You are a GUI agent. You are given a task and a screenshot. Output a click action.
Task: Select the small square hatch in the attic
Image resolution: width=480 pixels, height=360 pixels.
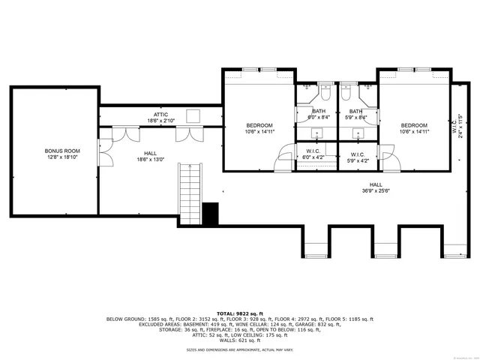(193, 115)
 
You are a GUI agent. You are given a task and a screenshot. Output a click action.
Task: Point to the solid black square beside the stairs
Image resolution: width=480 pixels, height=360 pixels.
(210, 212)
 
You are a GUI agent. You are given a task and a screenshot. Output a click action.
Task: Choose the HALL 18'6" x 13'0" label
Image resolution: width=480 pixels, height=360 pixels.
(150, 156)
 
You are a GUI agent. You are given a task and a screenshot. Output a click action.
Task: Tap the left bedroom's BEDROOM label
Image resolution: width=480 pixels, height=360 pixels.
(259, 128)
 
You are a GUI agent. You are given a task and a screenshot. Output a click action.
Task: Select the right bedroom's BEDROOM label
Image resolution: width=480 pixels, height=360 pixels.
(413, 128)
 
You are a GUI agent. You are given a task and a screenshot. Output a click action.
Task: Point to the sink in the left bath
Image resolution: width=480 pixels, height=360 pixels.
(317, 134)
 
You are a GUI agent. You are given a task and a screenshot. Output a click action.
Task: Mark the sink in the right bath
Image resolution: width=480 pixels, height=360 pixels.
(358, 134)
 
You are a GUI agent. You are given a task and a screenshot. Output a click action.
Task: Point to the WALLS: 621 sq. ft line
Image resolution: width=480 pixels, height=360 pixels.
(241, 337)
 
